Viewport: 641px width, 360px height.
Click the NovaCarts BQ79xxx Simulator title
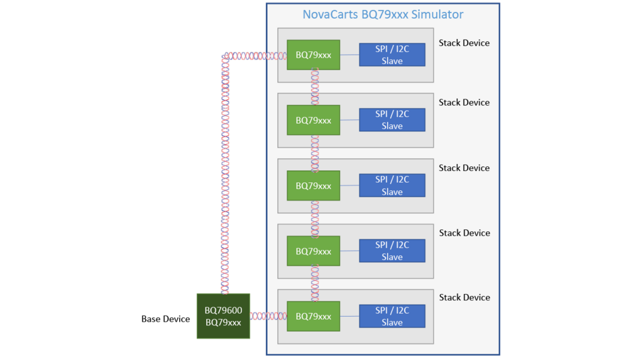(383, 14)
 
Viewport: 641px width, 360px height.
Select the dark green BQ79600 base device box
(223, 316)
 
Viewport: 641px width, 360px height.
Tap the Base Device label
(165, 319)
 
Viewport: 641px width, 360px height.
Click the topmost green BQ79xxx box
(314, 55)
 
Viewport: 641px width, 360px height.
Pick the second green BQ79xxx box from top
(314, 120)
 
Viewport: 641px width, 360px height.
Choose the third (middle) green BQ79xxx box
(314, 185)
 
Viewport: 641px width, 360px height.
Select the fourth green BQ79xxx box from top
(314, 251)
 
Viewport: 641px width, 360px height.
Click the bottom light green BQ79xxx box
(314, 316)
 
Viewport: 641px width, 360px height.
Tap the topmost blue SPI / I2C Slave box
(392, 55)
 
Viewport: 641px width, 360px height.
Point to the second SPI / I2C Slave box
(392, 120)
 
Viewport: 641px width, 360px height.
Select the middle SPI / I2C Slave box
(392, 185)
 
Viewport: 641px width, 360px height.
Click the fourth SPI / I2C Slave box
(392, 251)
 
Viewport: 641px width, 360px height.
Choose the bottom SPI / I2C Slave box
(392, 316)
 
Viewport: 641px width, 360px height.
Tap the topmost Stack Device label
(464, 43)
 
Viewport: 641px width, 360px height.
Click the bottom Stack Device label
(464, 297)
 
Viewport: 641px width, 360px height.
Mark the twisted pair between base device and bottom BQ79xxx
(268, 316)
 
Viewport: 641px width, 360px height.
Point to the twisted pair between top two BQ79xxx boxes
(315, 87)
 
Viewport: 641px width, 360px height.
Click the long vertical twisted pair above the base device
(225, 173)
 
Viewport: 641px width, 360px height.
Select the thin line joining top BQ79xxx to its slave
(349, 55)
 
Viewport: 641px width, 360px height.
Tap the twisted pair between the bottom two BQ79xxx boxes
(315, 283)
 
